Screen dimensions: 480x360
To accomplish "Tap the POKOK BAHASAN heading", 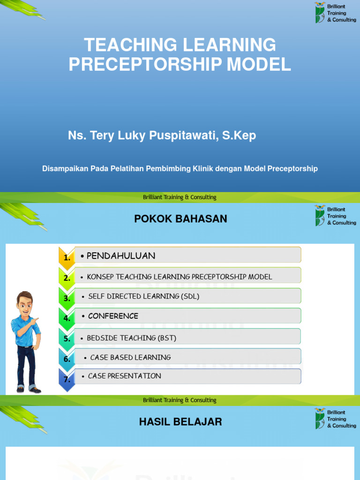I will tap(180, 218).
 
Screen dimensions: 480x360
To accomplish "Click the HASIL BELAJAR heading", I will tap(180, 422).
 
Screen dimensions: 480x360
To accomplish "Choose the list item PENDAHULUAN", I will tap(121, 255).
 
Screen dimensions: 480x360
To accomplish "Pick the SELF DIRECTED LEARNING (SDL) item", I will tap(143, 296).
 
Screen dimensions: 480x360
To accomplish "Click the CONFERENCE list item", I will tap(113, 316).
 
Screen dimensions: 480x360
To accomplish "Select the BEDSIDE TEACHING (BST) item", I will tap(132, 337).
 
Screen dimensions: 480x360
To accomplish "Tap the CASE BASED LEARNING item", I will tap(130, 357).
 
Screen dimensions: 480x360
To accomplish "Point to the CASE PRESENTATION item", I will tap(124, 376).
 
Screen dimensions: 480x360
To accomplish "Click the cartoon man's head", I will tap(24, 302).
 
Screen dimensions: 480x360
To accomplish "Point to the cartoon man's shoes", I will tap(29, 389).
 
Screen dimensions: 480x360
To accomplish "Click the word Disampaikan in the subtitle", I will tap(64, 168).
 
